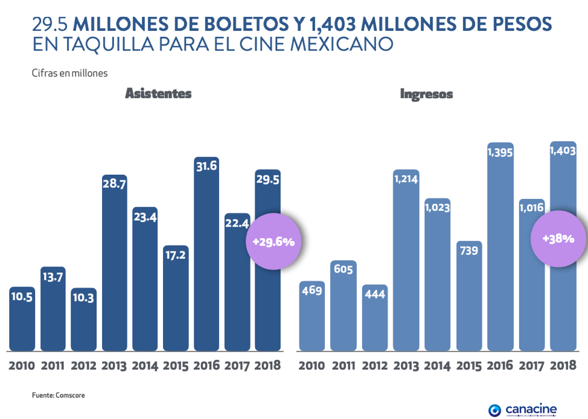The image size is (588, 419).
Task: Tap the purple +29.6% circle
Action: tap(273, 242)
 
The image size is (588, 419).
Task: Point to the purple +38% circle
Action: tap(558, 238)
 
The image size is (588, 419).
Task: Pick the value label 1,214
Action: tap(406, 178)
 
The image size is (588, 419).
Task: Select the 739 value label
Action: tap(468, 250)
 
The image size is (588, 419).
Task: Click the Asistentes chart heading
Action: tap(158, 93)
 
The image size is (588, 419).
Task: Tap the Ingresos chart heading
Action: tap(426, 94)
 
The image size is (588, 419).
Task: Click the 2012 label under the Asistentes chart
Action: tap(83, 365)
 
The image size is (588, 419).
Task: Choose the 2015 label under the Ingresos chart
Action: tap(468, 365)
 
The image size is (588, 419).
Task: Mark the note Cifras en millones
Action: tap(69, 74)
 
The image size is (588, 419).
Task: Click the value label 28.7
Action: tap(114, 184)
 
